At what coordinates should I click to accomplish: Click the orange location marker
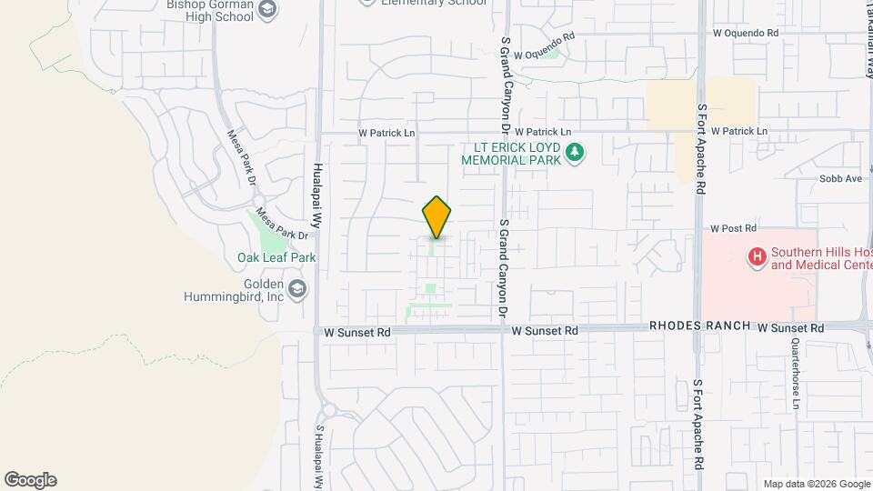tap(436, 217)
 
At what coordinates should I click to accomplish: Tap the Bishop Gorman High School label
tap(209, 8)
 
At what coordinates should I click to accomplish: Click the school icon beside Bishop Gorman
tap(267, 9)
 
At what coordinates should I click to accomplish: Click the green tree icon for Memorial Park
tap(574, 153)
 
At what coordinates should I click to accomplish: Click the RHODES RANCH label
tap(698, 326)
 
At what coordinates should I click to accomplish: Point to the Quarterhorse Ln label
tap(796, 374)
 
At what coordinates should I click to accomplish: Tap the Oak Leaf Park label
tap(276, 257)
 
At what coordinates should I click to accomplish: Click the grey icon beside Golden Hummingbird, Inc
tap(299, 290)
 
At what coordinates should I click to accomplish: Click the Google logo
tap(30, 479)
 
